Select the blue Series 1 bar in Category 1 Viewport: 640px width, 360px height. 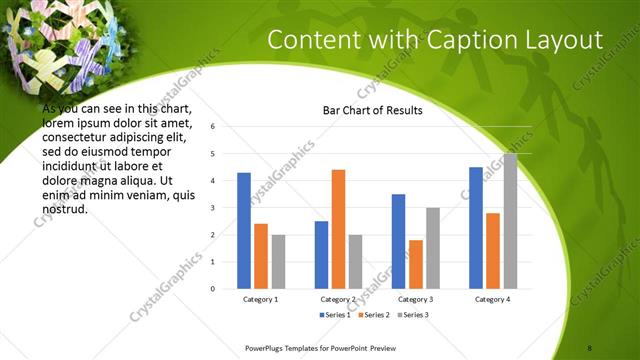tap(244, 230)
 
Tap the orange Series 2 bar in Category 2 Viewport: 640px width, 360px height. tap(338, 229)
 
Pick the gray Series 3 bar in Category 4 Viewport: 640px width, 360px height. tap(510, 221)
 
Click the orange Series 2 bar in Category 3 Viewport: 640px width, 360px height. tap(415, 264)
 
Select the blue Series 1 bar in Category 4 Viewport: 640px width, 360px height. tap(475, 227)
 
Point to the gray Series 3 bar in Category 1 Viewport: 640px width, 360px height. tap(278, 261)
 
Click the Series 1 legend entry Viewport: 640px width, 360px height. tap(335, 315)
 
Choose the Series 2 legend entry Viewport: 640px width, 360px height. tap(373, 315)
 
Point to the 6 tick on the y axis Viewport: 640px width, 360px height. tap(212, 127)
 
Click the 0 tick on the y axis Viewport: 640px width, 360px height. tap(212, 288)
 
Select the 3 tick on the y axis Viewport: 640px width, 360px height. tap(212, 208)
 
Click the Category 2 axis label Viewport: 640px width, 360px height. tap(338, 299)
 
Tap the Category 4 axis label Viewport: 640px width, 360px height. tap(492, 299)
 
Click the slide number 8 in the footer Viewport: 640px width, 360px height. tap(590, 346)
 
